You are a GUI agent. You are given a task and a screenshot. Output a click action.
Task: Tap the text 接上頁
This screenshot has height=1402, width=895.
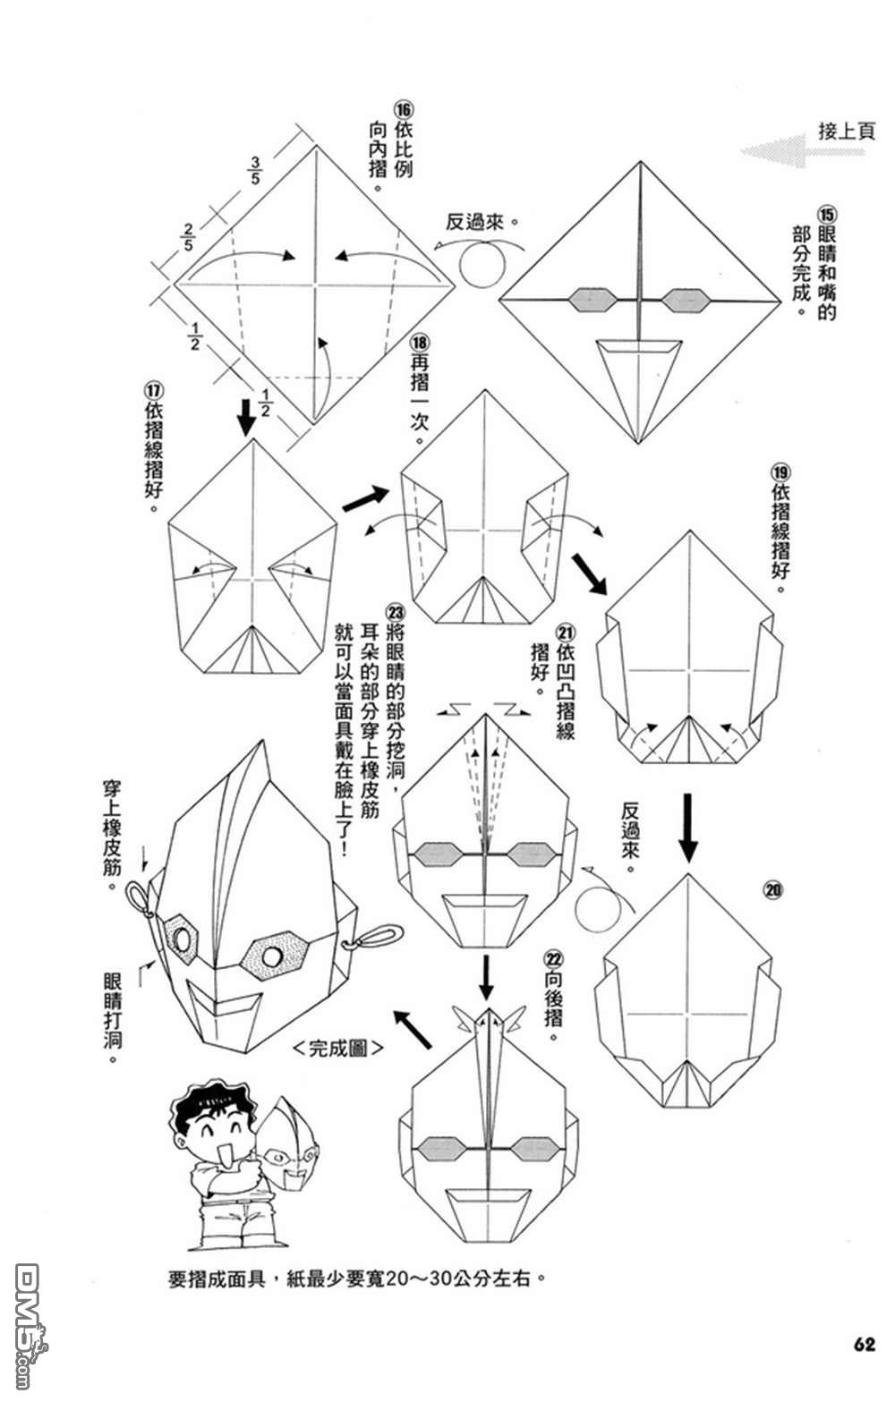[x=846, y=131]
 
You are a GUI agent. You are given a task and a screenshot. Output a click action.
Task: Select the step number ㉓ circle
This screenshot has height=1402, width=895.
[x=395, y=611]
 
